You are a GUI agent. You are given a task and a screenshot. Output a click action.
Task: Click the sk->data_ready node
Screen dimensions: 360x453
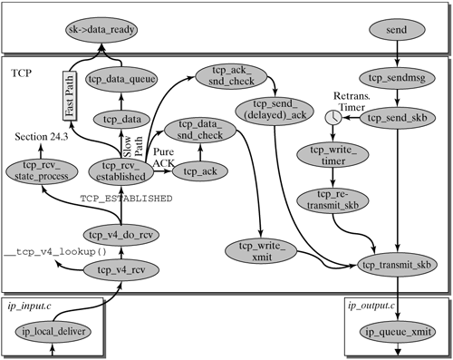(102, 30)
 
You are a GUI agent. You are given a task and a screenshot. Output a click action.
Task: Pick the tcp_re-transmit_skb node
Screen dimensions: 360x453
(328, 199)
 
